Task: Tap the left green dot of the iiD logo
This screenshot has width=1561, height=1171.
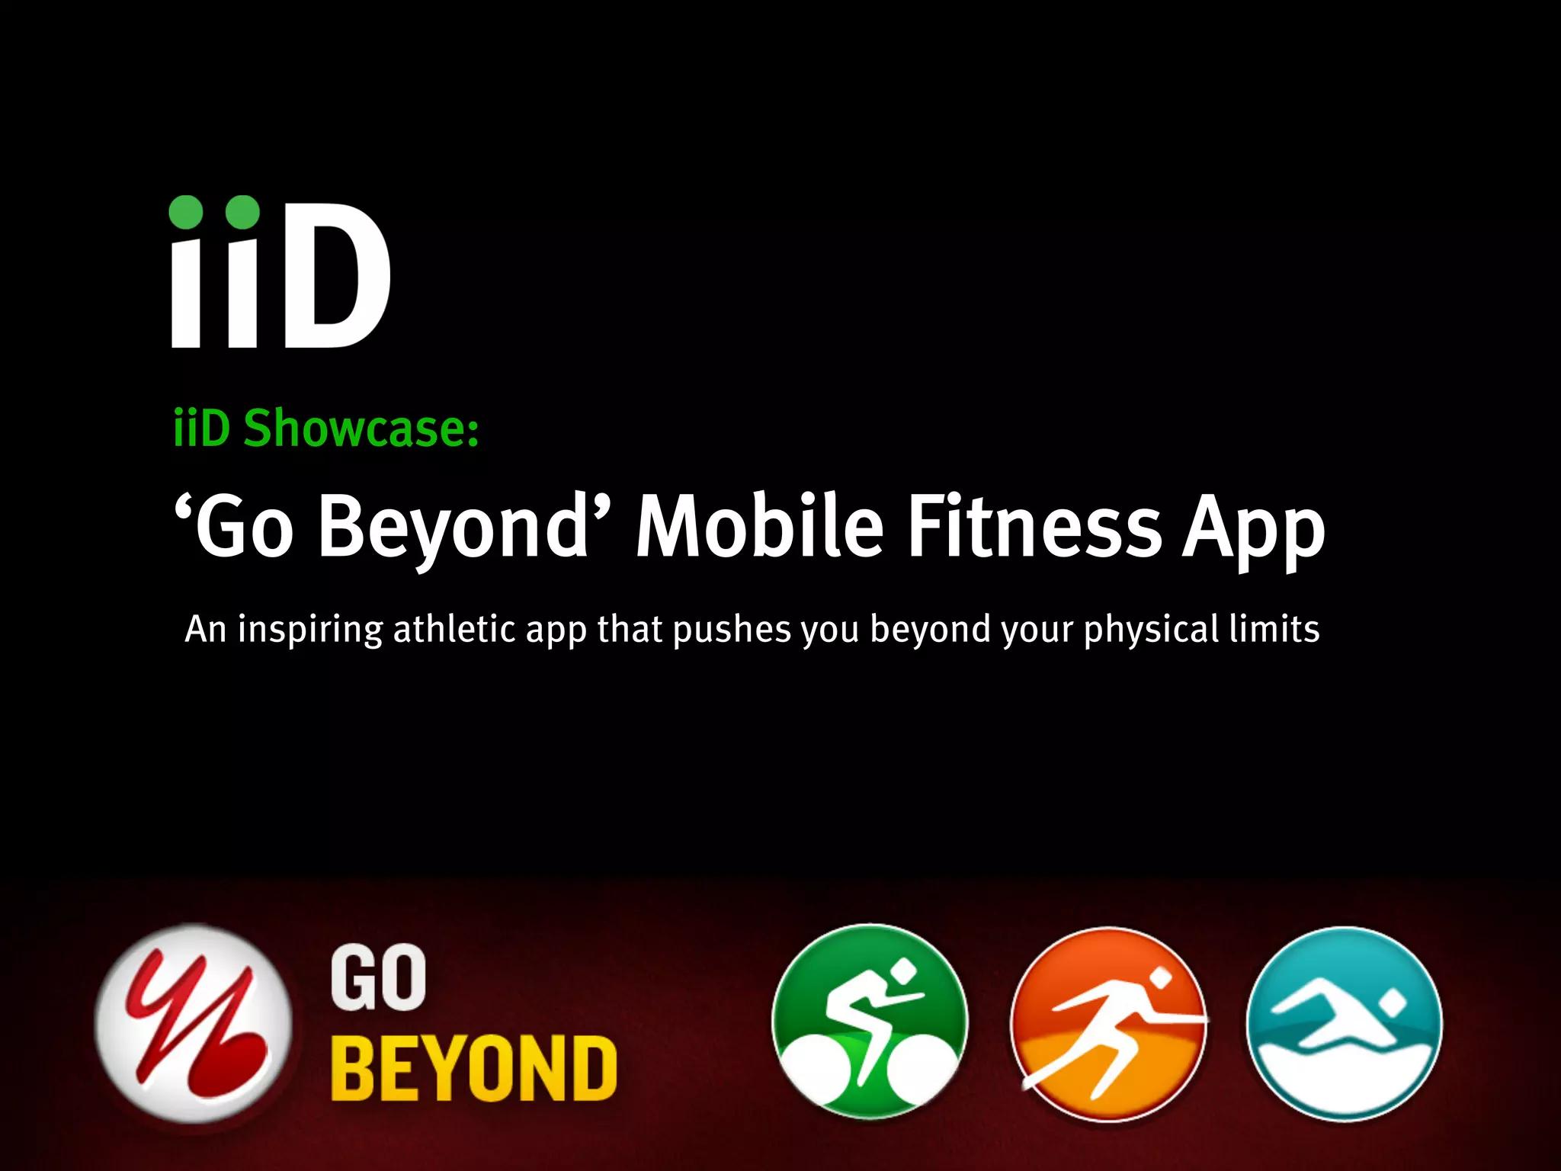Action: coord(186,212)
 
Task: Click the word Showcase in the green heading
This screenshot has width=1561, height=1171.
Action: coord(361,428)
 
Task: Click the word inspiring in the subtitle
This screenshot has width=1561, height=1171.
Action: coord(310,630)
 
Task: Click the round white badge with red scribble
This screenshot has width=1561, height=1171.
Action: coord(194,1023)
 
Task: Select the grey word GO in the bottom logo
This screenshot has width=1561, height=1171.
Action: coord(378,978)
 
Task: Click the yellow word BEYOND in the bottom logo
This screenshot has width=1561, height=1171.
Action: coord(473,1069)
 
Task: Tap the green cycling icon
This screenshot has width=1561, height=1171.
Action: coord(870,1022)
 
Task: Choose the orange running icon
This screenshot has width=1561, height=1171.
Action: coord(1108,1024)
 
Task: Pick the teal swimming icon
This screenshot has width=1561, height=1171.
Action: coord(1345,1024)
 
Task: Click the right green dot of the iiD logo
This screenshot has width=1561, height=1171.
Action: coord(242,212)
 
